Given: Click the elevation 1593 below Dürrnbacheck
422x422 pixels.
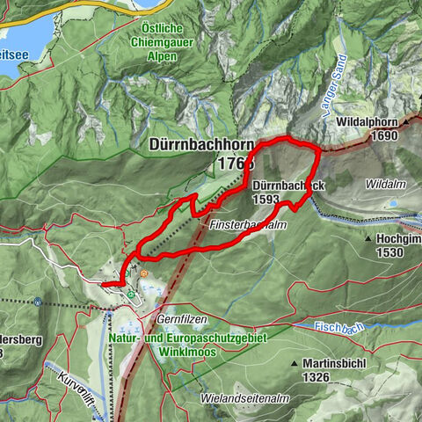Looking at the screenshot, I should [265, 200].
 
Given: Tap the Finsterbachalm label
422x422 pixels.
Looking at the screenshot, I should [250, 225].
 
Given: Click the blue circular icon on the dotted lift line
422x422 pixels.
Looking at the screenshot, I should [39, 302].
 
